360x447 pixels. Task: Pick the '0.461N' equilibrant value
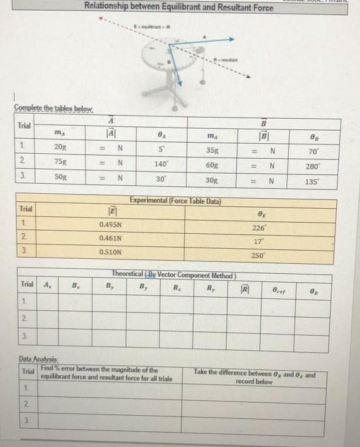[111, 238]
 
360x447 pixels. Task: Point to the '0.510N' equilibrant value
[111, 253]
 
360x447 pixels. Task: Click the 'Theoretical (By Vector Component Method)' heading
[173, 274]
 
